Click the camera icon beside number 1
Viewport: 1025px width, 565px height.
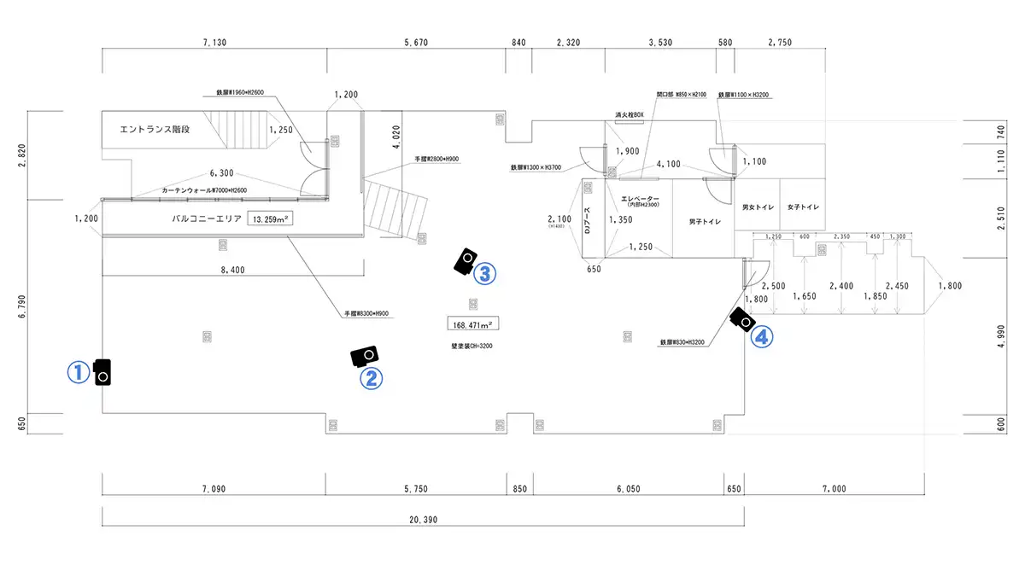(103, 371)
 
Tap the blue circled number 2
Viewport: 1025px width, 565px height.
(371, 377)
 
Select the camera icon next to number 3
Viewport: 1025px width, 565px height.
(465, 260)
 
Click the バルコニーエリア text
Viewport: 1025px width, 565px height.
(206, 218)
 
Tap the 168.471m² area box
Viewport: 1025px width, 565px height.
(473, 324)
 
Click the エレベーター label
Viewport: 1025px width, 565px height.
(641, 200)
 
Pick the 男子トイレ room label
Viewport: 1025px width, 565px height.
(706, 222)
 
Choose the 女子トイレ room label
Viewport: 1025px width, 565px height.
(803, 207)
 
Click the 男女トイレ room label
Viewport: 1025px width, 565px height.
(757, 207)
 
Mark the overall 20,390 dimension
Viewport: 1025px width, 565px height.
(424, 519)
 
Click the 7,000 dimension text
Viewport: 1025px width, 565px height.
(834, 488)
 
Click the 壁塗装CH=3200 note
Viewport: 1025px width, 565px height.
(471, 347)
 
